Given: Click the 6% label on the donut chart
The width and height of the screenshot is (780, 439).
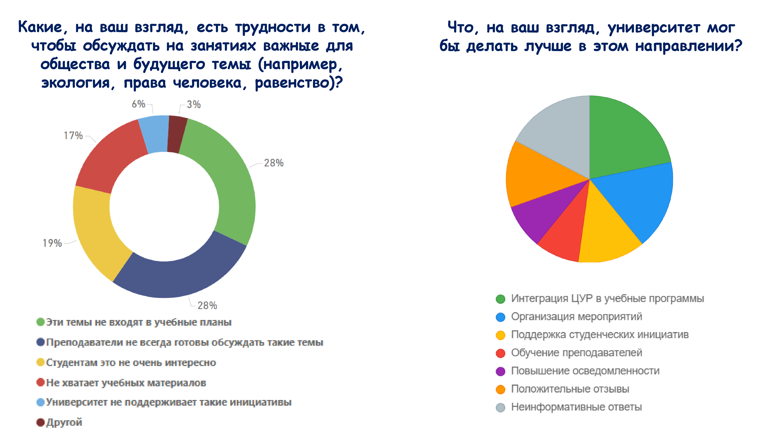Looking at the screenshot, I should pyautogui.click(x=138, y=104).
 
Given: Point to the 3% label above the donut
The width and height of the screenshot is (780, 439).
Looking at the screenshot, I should pyautogui.click(x=193, y=105).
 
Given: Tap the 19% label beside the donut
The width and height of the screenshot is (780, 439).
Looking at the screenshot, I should pyautogui.click(x=52, y=243).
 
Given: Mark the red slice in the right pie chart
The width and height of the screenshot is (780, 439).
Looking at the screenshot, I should pyautogui.click(x=563, y=239).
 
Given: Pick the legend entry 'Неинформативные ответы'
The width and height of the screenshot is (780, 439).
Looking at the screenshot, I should pyautogui.click(x=576, y=407).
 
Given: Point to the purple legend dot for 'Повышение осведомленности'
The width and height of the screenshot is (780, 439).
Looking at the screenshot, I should pyautogui.click(x=501, y=371).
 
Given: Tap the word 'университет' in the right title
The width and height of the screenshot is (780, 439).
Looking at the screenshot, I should pyautogui.click(x=654, y=28).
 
